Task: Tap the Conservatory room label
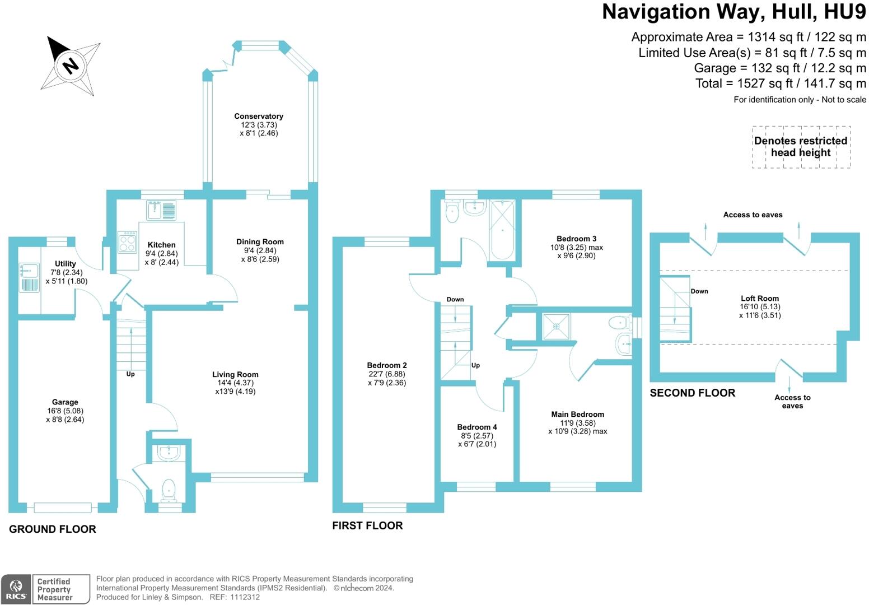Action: click(258, 117)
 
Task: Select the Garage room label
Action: click(65, 402)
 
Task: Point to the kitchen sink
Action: click(161, 210)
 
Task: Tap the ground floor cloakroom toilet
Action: click(168, 490)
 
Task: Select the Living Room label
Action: click(235, 375)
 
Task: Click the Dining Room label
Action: click(260, 242)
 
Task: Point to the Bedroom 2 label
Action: click(387, 365)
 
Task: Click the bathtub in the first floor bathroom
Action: click(502, 230)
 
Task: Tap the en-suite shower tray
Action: click(556, 327)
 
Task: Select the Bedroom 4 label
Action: click(477, 427)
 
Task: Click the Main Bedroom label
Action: click(577, 415)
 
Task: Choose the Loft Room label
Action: click(760, 299)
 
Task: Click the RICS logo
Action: click(16, 589)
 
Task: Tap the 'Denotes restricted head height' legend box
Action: click(801, 147)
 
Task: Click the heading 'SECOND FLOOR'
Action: click(692, 393)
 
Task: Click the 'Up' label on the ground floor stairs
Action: click(130, 374)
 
